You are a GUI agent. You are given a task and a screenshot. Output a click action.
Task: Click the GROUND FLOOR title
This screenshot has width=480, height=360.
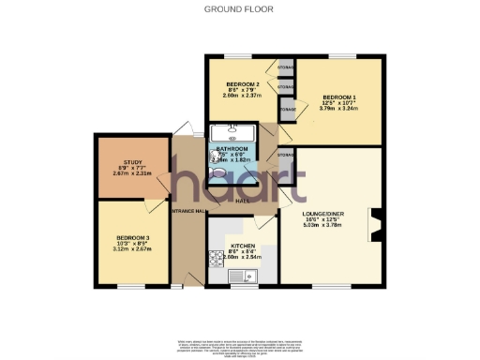tap(239, 9)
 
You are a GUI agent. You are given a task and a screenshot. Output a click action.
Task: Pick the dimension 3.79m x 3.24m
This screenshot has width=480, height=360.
tap(339, 109)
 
